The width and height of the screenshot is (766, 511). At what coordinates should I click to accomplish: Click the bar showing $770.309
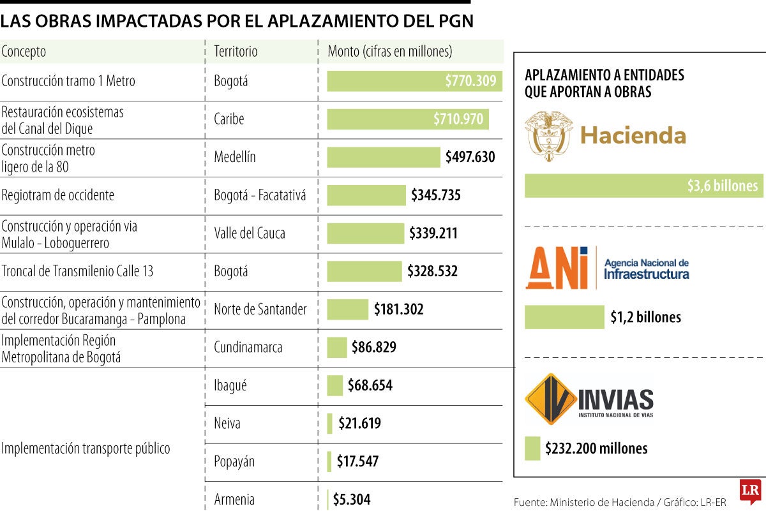pyautogui.click(x=414, y=81)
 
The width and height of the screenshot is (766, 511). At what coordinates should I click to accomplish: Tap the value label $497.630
pyautogui.click(x=470, y=157)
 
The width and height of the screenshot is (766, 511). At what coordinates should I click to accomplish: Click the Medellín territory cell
pyautogui.click(x=234, y=157)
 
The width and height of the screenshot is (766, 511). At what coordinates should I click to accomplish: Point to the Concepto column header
pyautogui.click(x=24, y=52)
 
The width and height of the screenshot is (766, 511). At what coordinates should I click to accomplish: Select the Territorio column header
pyautogui.click(x=236, y=52)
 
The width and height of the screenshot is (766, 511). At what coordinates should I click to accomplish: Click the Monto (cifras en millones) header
pyautogui.click(x=389, y=52)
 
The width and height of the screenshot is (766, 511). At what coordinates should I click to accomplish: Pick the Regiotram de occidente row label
pyautogui.click(x=58, y=195)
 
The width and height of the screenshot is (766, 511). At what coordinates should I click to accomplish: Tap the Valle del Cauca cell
pyautogui.click(x=250, y=233)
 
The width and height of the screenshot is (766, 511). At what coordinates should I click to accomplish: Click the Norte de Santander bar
pyautogui.click(x=347, y=309)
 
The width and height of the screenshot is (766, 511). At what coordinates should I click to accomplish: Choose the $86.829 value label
pyautogui.click(x=373, y=348)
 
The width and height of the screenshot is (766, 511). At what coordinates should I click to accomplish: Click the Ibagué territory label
pyautogui.click(x=230, y=385)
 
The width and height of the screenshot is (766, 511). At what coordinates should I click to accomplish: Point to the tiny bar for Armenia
pyautogui.click(x=328, y=500)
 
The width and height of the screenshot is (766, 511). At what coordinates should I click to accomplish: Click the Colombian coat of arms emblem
pyautogui.click(x=548, y=135)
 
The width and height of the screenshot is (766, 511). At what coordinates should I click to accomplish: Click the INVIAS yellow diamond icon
pyautogui.click(x=550, y=399)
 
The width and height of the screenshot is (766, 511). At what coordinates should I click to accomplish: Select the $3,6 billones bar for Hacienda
pyautogui.click(x=643, y=186)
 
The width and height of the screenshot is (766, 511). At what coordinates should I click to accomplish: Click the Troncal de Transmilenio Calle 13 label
pyautogui.click(x=77, y=272)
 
